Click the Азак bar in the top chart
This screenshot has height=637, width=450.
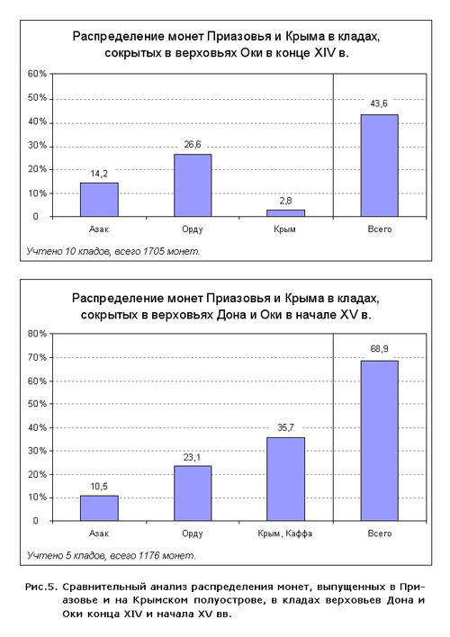click(99, 200)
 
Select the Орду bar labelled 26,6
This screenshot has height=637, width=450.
click(193, 185)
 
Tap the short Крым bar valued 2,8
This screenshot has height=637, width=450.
click(286, 213)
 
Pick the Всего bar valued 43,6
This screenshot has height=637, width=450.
click(379, 166)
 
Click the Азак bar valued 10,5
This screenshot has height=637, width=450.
click(99, 508)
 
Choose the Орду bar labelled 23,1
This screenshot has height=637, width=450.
click(193, 493)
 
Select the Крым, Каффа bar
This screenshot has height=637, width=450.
click(286, 479)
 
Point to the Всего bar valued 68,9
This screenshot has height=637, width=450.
click(379, 441)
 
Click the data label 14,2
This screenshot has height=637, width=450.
click(99, 174)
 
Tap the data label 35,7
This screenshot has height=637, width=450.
click(286, 427)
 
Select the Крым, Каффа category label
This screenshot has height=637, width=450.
click(285, 534)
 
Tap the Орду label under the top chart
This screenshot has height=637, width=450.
click(193, 229)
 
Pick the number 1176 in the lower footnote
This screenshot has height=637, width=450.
click(148, 555)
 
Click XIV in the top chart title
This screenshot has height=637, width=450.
click(324, 53)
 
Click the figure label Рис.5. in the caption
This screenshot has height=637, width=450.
click(42, 587)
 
